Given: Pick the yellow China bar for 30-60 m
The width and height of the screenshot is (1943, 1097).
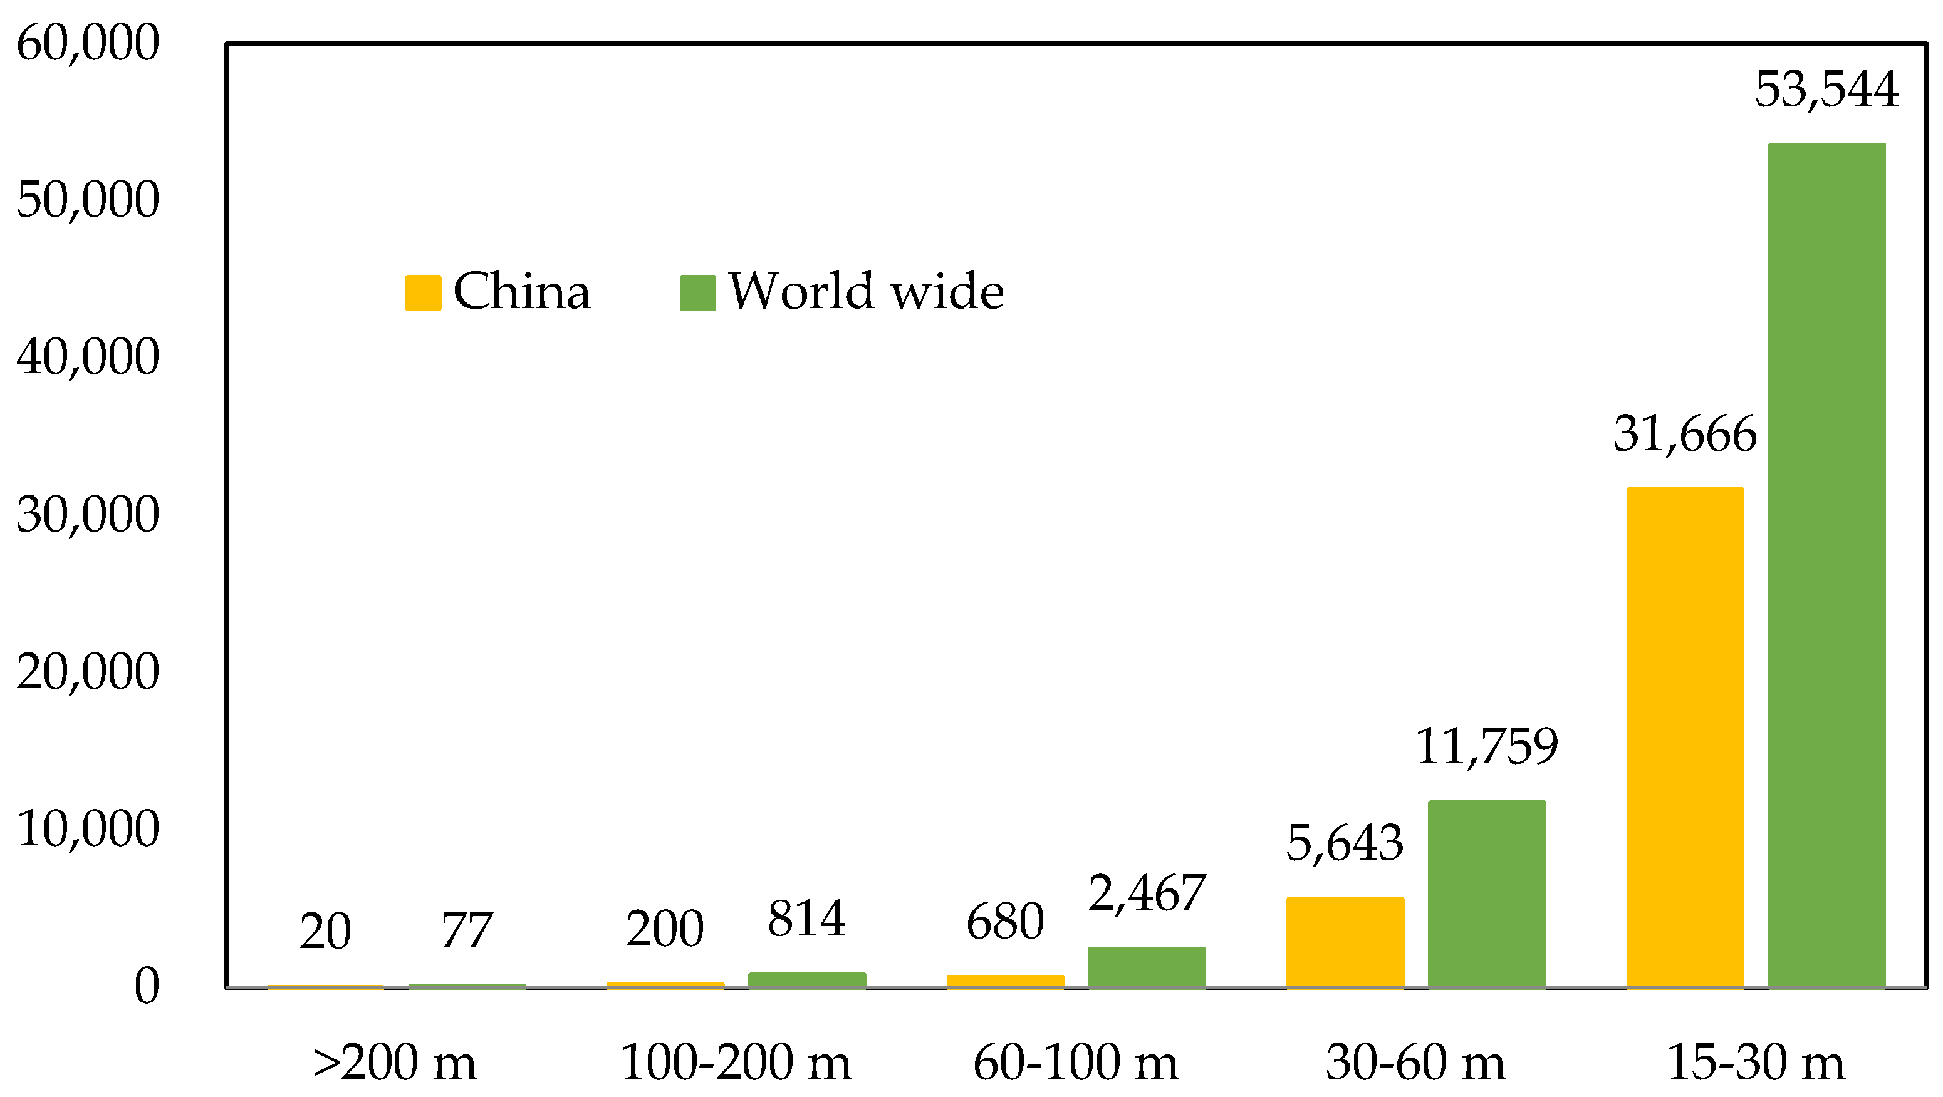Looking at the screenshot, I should (1345, 942).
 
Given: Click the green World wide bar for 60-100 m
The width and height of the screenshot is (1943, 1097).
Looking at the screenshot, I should (1147, 967).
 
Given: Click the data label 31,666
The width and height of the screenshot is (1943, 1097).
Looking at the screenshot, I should (1684, 435).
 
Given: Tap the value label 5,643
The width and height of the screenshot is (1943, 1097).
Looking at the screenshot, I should (1345, 842).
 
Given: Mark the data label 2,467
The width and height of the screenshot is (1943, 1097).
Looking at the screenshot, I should (1147, 893).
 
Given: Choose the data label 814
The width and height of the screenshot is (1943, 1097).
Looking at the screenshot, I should (806, 919).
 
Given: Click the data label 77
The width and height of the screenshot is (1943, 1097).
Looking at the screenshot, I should (467, 930).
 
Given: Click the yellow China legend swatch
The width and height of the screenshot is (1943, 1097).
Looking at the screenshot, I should (423, 292).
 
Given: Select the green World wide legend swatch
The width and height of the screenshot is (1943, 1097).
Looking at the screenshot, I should (698, 292).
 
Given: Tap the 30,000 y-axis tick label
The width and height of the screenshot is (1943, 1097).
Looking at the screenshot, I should (88, 515).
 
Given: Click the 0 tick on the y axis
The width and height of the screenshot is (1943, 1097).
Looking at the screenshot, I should (147, 986).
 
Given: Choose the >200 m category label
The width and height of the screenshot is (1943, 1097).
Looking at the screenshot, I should (395, 1063).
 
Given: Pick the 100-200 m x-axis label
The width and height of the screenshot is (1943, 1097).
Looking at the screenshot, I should (736, 1063).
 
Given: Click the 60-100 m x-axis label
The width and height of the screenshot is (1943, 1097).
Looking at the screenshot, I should (1076, 1063).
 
